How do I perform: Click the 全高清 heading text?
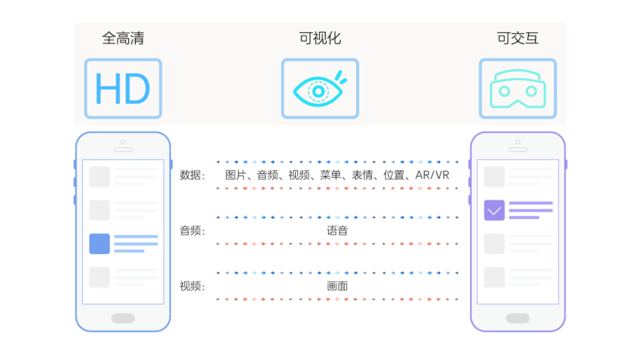[123, 39]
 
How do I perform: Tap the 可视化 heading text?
[320, 39]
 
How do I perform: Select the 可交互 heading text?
[518, 39]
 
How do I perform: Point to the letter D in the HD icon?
[137, 89]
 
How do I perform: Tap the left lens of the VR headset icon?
[504, 91]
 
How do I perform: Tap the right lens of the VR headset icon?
[532, 91]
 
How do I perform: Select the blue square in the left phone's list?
[100, 244]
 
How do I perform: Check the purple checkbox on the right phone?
[494, 210]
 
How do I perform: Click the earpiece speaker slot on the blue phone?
[123, 149]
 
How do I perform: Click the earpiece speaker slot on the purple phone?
[518, 149]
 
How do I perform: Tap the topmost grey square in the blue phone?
[100, 177]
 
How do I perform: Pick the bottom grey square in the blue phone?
[100, 277]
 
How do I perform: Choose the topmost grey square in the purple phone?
[494, 177]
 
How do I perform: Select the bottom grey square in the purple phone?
[494, 277]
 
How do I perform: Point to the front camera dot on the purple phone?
[518, 142]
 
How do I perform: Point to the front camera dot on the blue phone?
[123, 142]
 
